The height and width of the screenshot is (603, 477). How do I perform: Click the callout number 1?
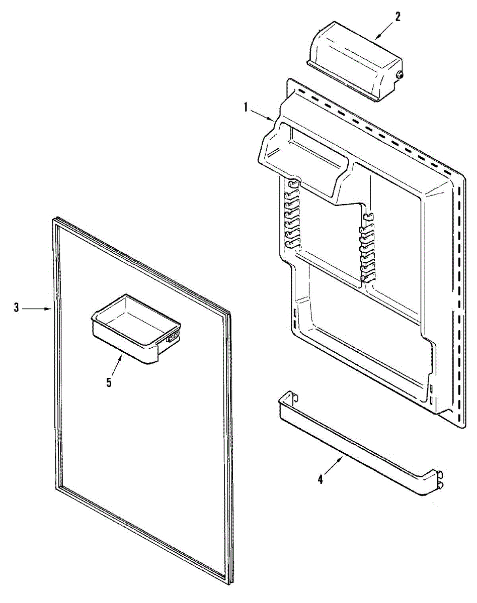tap(246, 107)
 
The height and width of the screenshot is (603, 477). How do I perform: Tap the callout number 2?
tap(397, 17)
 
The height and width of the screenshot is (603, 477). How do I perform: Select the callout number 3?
tap(16, 308)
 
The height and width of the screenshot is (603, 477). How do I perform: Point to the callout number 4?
tap(321, 479)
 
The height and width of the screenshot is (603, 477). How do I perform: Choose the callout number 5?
tap(109, 382)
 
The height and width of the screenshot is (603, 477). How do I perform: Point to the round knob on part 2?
tap(401, 75)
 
